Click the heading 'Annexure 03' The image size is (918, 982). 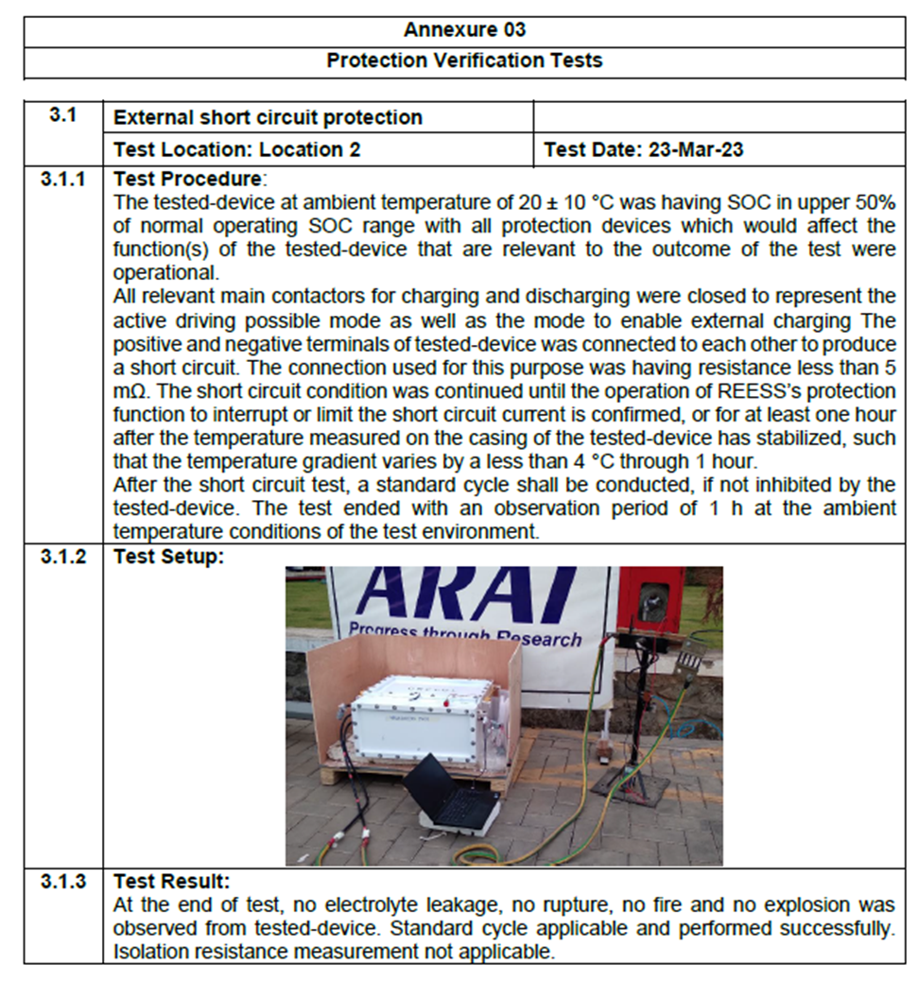[464, 29]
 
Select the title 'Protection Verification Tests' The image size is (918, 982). [464, 60]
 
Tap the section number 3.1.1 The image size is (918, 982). [63, 179]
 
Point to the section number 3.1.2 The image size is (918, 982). [63, 557]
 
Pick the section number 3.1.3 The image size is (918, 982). [63, 882]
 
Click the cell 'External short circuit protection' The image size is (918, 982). [268, 118]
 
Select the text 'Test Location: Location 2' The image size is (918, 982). [236, 149]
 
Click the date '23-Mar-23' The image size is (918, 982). [696, 149]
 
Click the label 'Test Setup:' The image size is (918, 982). [168, 557]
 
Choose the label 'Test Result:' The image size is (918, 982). [171, 882]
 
